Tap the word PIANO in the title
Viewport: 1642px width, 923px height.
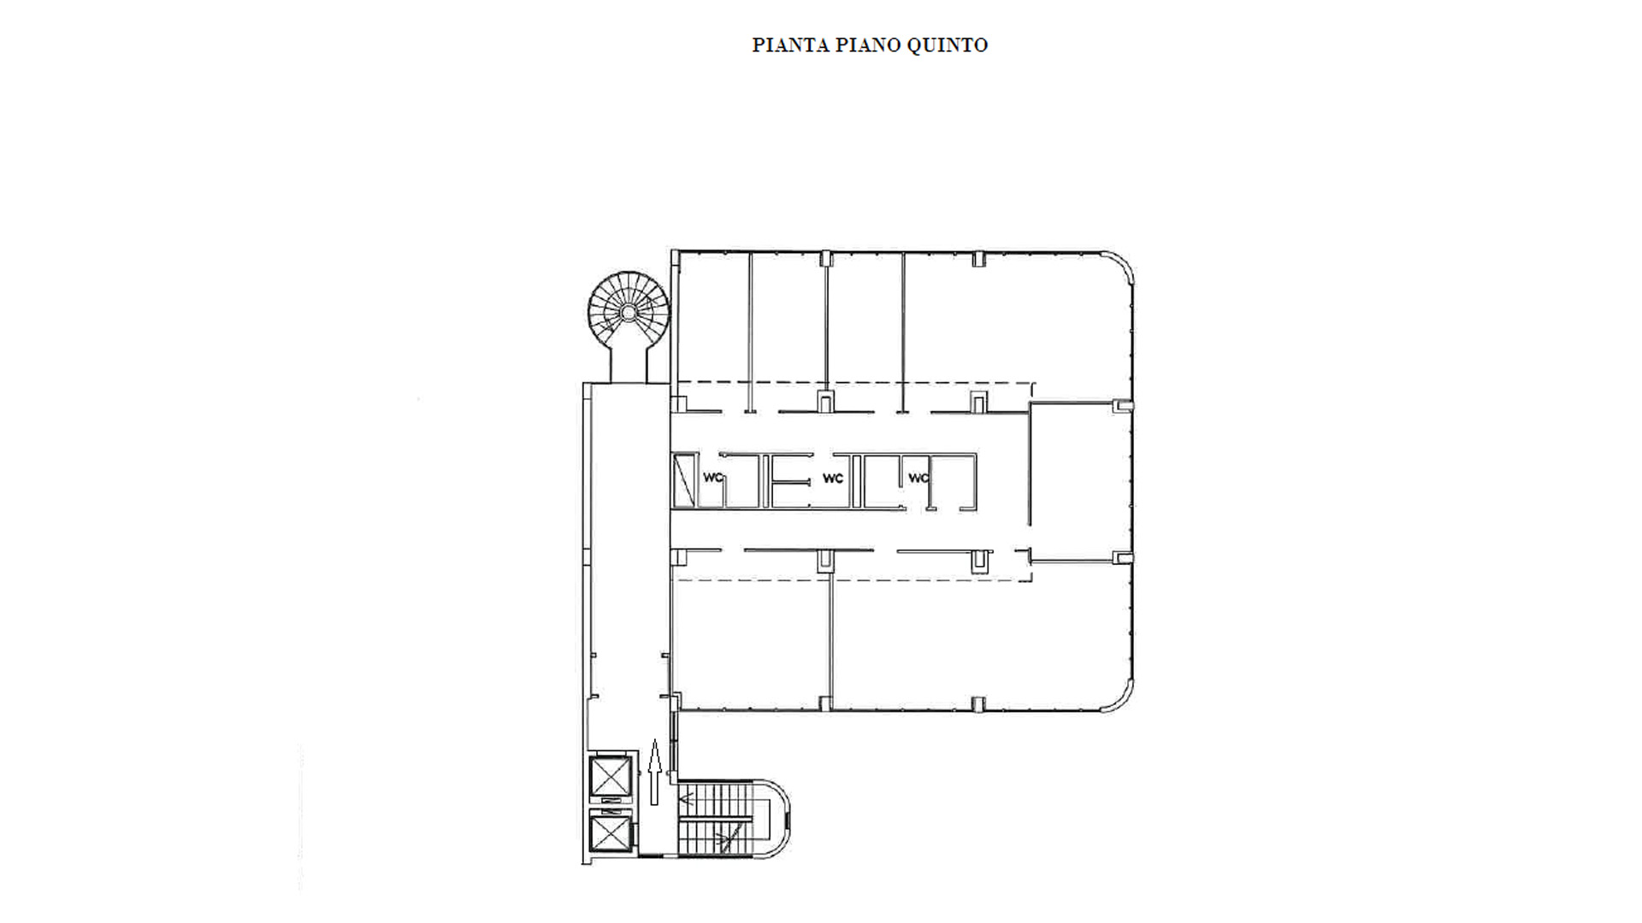click(x=867, y=45)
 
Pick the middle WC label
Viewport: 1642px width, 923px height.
click(x=833, y=478)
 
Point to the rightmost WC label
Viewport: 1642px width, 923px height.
click(x=918, y=478)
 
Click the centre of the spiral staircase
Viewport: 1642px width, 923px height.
click(x=629, y=312)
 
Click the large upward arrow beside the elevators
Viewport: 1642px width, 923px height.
click(x=655, y=773)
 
